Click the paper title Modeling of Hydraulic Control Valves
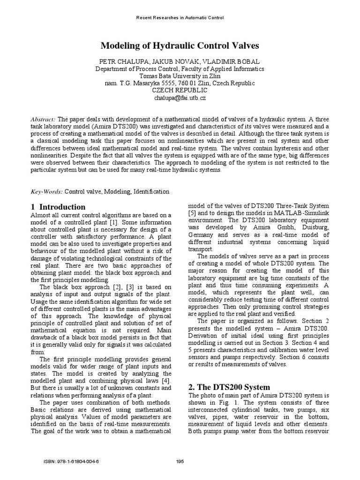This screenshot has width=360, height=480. point(180,46)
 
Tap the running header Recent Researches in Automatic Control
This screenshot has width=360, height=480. point(180,18)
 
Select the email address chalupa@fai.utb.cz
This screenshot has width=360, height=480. point(180,98)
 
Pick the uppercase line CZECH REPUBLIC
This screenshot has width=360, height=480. point(180,90)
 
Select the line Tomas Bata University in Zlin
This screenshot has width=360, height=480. point(180,76)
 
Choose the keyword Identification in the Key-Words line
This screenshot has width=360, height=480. point(151,192)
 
